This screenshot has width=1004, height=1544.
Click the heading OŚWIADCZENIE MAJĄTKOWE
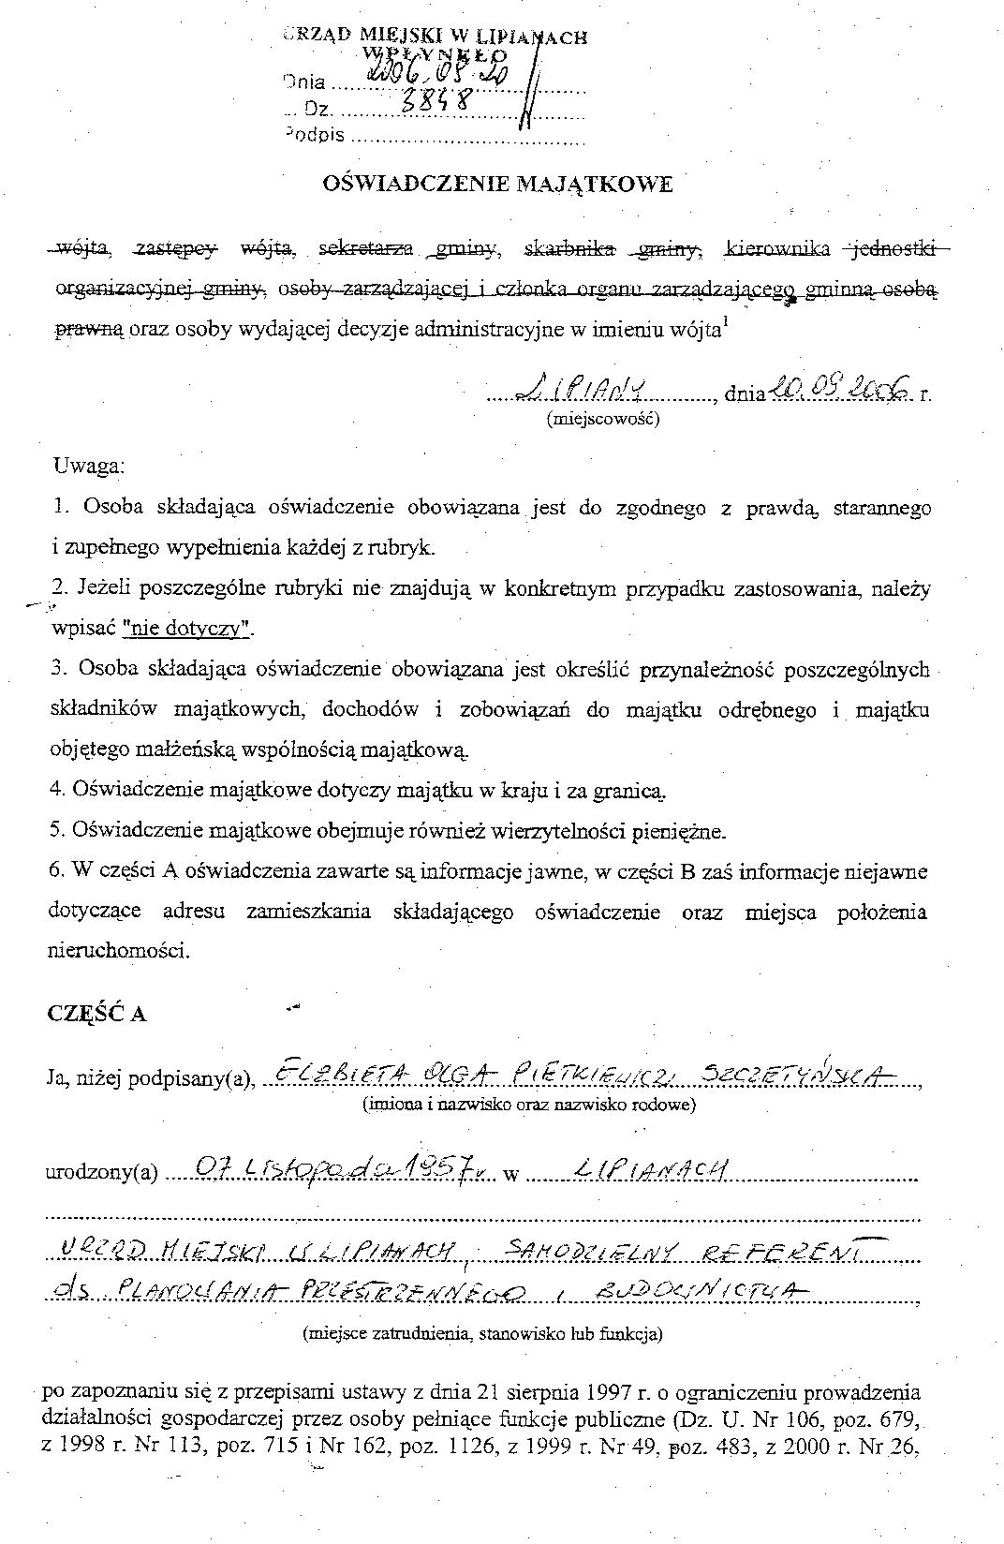[x=497, y=185]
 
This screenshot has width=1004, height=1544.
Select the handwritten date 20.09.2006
[x=838, y=387]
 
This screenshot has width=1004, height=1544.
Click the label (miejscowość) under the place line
[x=603, y=419]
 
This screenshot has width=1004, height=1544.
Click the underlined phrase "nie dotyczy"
[x=188, y=629]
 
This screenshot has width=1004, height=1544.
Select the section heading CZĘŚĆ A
[x=96, y=1014]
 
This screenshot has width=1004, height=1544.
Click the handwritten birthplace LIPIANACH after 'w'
[x=652, y=1169]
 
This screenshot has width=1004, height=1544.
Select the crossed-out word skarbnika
[x=570, y=249]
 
